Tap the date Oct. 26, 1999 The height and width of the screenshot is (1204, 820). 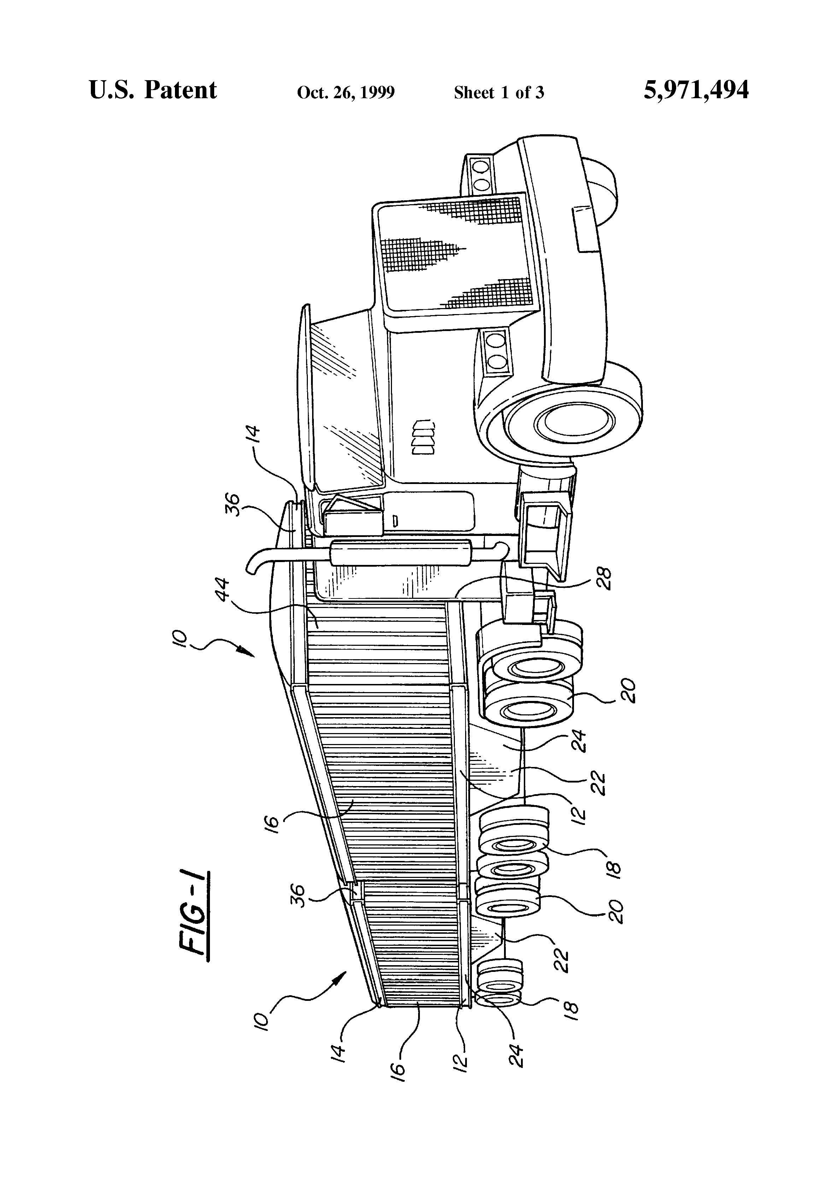pos(346,93)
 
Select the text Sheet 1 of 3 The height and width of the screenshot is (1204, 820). pos(499,93)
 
